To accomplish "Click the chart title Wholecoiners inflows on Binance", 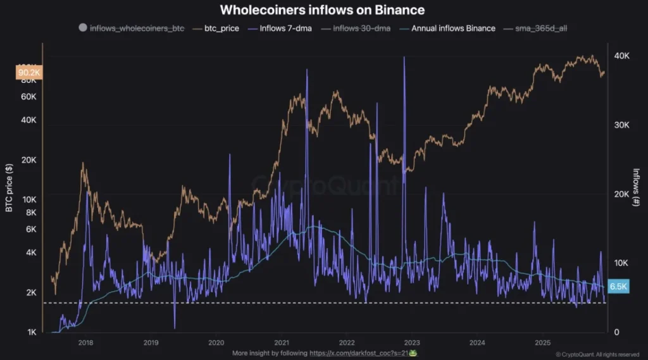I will point(322,10).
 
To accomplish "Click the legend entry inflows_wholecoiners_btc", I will point(131,28).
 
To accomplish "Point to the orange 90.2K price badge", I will point(28,73).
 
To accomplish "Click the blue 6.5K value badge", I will point(618,287).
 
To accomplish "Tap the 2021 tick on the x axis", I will point(280,342).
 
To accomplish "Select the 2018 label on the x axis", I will point(85,342).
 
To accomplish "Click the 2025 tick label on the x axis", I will point(541,342).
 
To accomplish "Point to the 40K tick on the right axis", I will point(622,56).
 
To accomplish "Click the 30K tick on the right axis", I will point(622,125).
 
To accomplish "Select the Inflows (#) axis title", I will point(637,187).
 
